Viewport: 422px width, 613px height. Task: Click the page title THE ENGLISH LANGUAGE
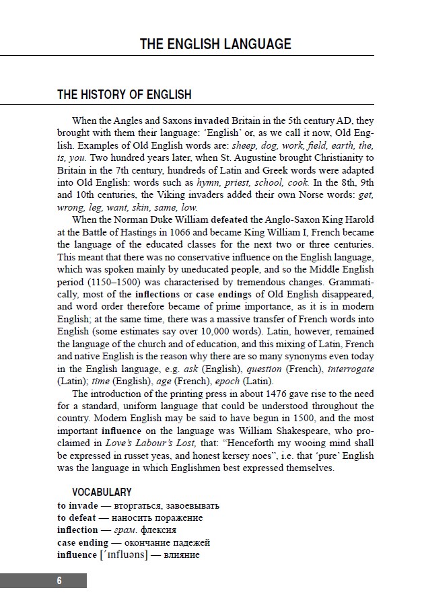click(215, 44)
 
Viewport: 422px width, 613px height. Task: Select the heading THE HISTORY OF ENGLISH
click(124, 95)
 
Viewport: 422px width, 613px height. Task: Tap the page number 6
click(59, 581)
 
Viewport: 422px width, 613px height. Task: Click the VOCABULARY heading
click(102, 493)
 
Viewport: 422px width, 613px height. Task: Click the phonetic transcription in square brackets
click(123, 555)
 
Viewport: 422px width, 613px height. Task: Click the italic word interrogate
click(347, 369)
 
